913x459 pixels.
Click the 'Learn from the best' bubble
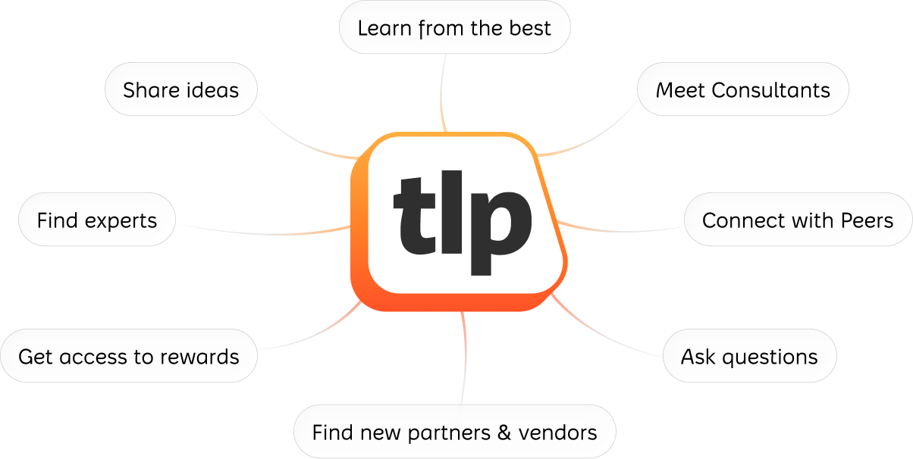[x=454, y=28]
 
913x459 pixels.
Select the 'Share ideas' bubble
[x=180, y=90]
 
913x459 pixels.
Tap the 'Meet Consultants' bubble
[x=742, y=90]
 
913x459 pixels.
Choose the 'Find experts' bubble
[x=96, y=220]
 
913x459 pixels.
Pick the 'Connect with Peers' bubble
[x=798, y=220]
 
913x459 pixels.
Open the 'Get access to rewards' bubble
[x=128, y=356]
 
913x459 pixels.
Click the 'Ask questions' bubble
[x=749, y=356]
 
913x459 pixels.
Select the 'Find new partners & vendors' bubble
[x=454, y=432]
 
